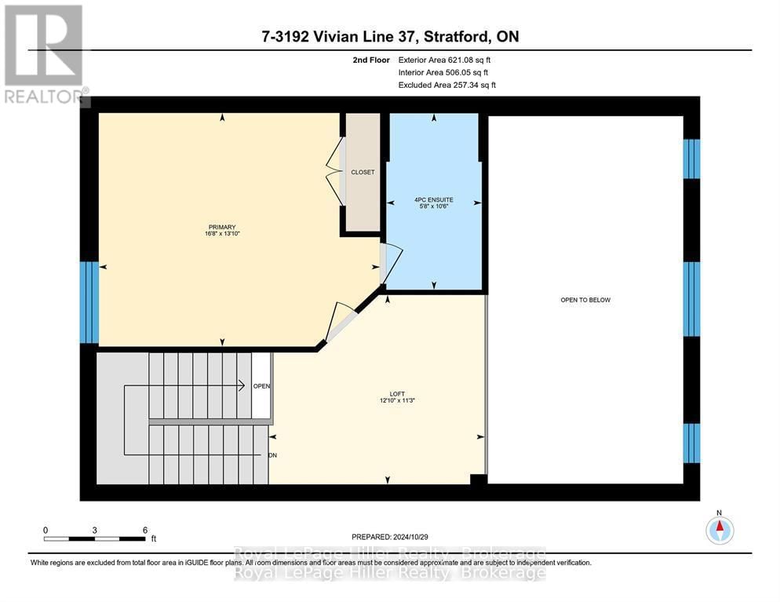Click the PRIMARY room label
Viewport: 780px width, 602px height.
pos(222,227)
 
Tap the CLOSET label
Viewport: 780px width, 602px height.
pos(363,172)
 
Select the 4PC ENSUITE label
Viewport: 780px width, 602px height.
pos(434,199)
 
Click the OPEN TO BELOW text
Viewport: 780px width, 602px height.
pos(585,300)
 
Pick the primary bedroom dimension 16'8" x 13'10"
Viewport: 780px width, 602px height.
pos(222,234)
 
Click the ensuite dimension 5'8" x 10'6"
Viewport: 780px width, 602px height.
pos(434,206)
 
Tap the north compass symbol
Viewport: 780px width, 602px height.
pos(719,530)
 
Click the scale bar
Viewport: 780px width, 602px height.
pos(94,538)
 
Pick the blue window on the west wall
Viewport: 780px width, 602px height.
pos(89,302)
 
